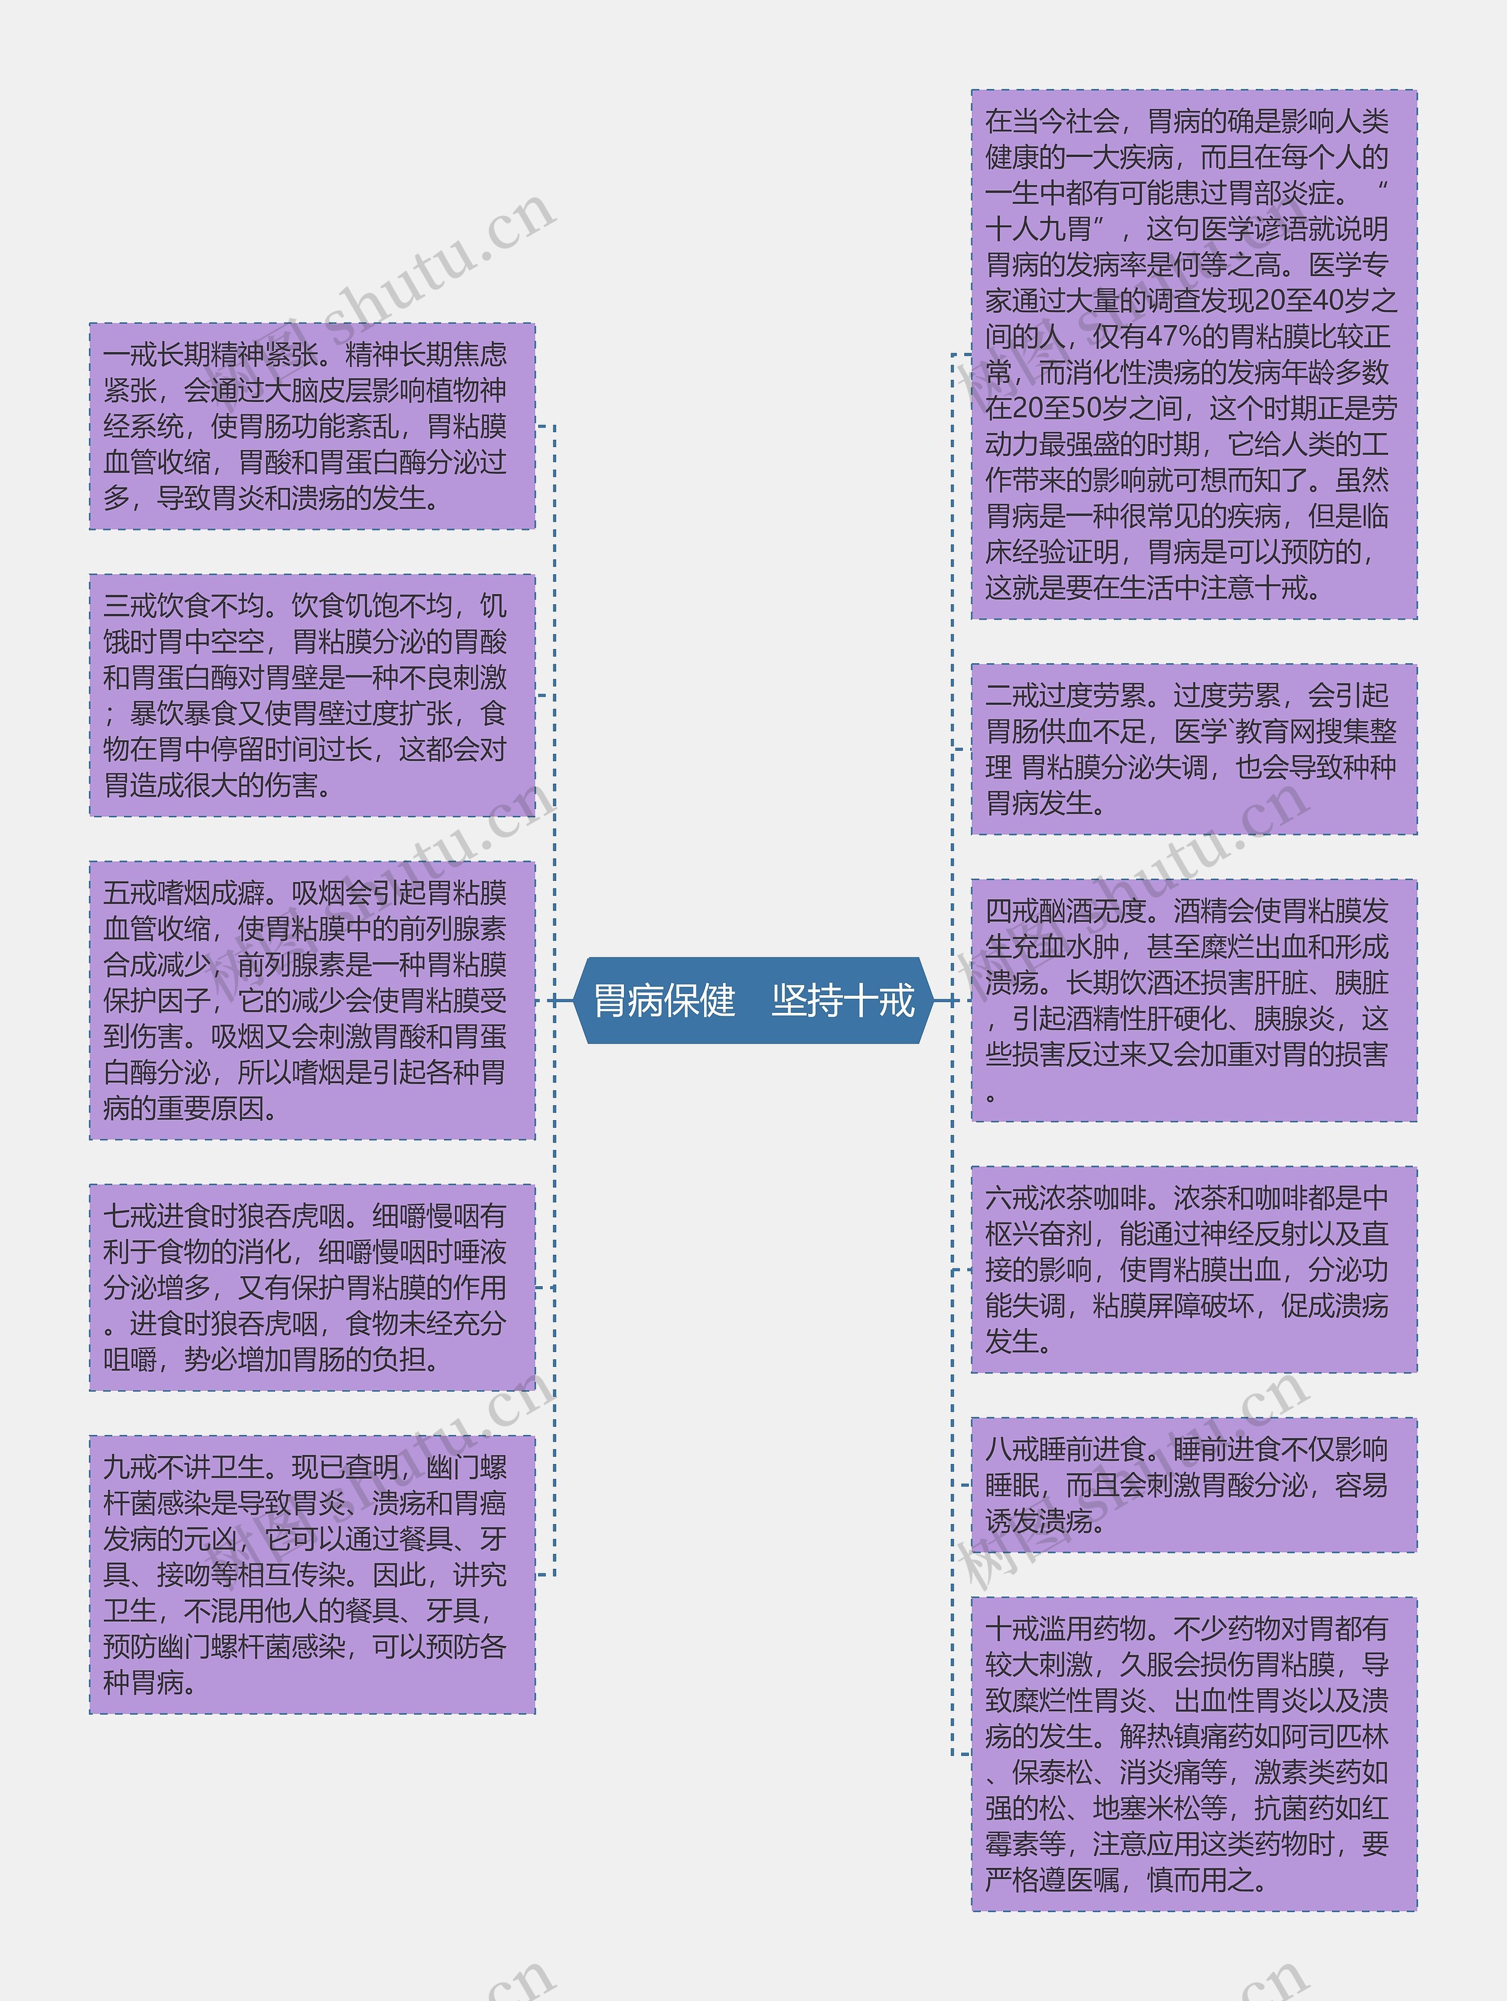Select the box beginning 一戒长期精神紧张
coord(312,426)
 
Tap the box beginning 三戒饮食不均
coord(312,695)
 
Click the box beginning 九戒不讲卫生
coord(312,1574)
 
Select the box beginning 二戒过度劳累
coord(1193,749)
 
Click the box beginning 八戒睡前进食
coord(1193,1485)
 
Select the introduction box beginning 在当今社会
coord(1193,354)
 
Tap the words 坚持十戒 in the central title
coord(842,1000)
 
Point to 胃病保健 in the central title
coord(664,1000)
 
